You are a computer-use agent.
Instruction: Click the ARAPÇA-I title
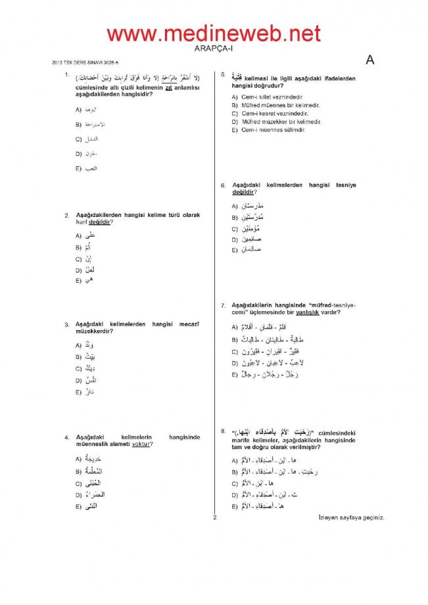tap(214, 48)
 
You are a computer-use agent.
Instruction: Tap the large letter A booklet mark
tap(369, 60)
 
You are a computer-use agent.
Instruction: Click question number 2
tap(66, 215)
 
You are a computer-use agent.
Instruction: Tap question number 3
tap(66, 324)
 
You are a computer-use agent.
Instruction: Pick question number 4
tap(66, 437)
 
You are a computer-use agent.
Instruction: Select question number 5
tap(224, 75)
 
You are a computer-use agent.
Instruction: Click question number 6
tap(224, 185)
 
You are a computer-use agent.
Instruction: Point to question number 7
tap(224, 305)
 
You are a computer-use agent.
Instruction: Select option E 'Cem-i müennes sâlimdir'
tap(268, 130)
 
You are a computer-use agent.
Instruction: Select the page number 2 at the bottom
tap(214, 517)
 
